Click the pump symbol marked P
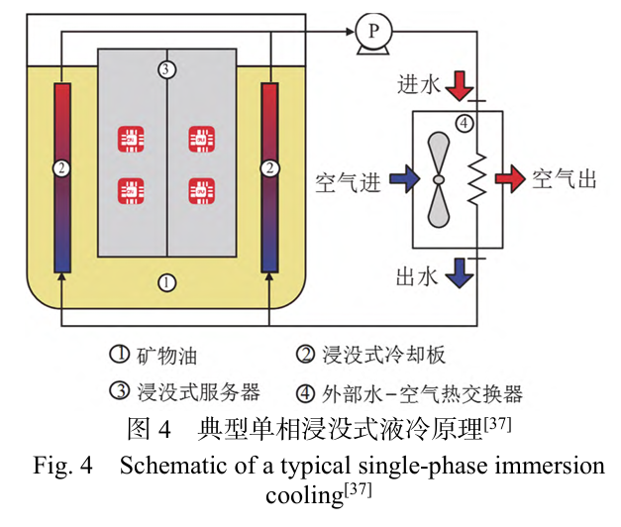pos(373,31)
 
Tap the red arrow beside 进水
pos(457,85)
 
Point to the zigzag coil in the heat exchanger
pos(477,179)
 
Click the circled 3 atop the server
pos(166,68)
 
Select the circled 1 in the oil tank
pos(166,282)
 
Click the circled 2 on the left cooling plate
pos(61,169)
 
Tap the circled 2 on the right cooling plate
pos(269,169)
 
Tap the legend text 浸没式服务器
pos(184,392)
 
